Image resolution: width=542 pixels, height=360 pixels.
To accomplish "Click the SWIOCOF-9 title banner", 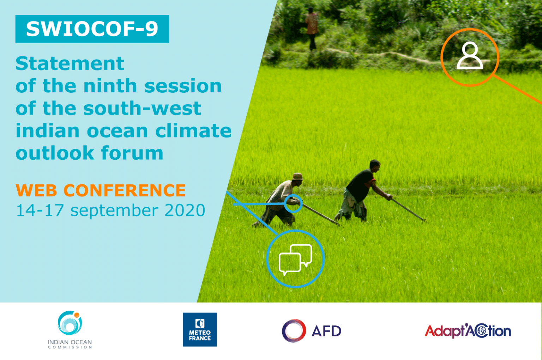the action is [x=92, y=29].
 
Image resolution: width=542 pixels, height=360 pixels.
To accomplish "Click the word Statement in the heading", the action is [x=70, y=63].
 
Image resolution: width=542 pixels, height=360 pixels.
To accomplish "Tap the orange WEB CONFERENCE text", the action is [x=101, y=190].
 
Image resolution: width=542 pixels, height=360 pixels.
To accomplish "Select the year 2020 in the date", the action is [x=185, y=210].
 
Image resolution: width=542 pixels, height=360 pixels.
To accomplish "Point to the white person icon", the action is [x=470, y=56].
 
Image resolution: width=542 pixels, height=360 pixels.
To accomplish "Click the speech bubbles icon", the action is [x=295, y=260].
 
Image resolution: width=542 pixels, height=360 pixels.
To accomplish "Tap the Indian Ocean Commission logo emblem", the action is [x=70, y=323].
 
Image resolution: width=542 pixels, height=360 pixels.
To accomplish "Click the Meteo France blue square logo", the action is [x=200, y=329].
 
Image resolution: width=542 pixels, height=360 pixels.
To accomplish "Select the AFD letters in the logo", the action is [x=326, y=331].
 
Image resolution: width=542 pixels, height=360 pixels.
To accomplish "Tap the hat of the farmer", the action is [x=297, y=176].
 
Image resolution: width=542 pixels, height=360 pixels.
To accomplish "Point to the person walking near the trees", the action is [x=311, y=29].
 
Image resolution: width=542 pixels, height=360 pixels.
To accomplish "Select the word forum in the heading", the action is [x=132, y=153].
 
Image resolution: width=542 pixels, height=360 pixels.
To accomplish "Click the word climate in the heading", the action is [x=193, y=130].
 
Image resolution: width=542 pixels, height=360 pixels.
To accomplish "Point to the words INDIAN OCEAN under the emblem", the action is [x=70, y=342].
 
